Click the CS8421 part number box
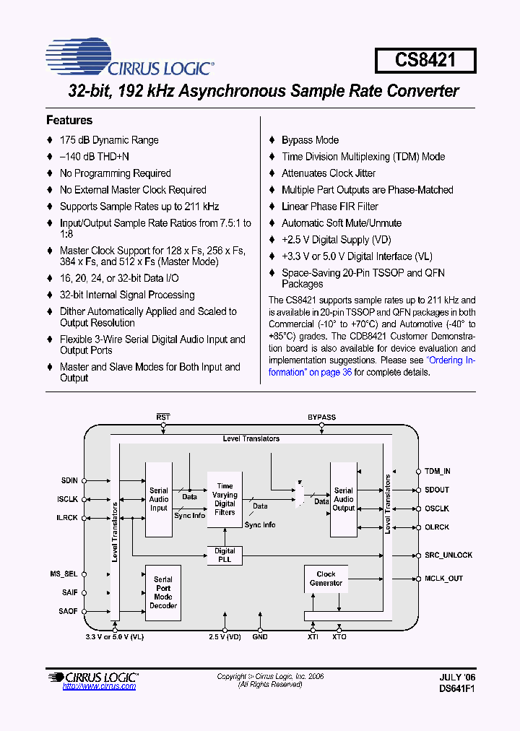point(425,60)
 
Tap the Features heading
point(69,121)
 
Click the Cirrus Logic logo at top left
point(129,59)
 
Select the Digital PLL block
point(225,555)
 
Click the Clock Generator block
point(326,579)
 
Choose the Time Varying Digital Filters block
point(225,499)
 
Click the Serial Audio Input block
point(159,499)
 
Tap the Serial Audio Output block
point(344,499)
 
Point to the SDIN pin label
point(69,480)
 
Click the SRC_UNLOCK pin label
point(448,555)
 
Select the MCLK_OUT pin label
point(443,579)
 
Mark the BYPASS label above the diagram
point(321,418)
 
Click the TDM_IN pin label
point(438,471)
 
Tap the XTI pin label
point(313,636)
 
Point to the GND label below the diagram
point(260,636)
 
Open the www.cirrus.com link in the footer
point(99,686)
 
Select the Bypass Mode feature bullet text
point(310,140)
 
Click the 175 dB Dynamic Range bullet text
point(109,140)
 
